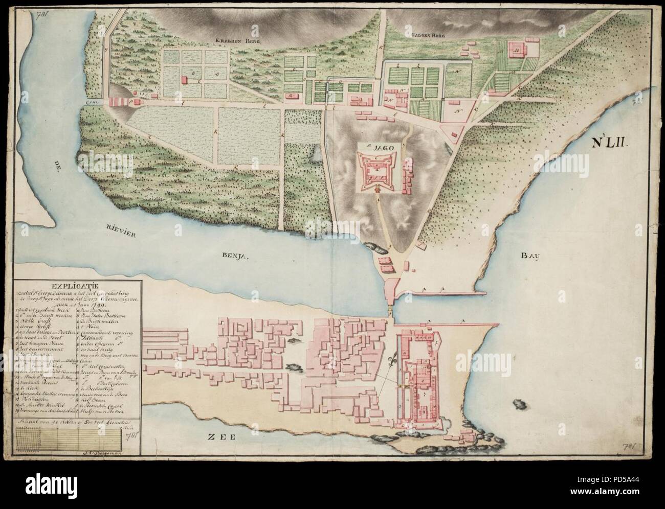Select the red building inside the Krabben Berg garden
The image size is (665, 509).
click(x=184, y=81)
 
